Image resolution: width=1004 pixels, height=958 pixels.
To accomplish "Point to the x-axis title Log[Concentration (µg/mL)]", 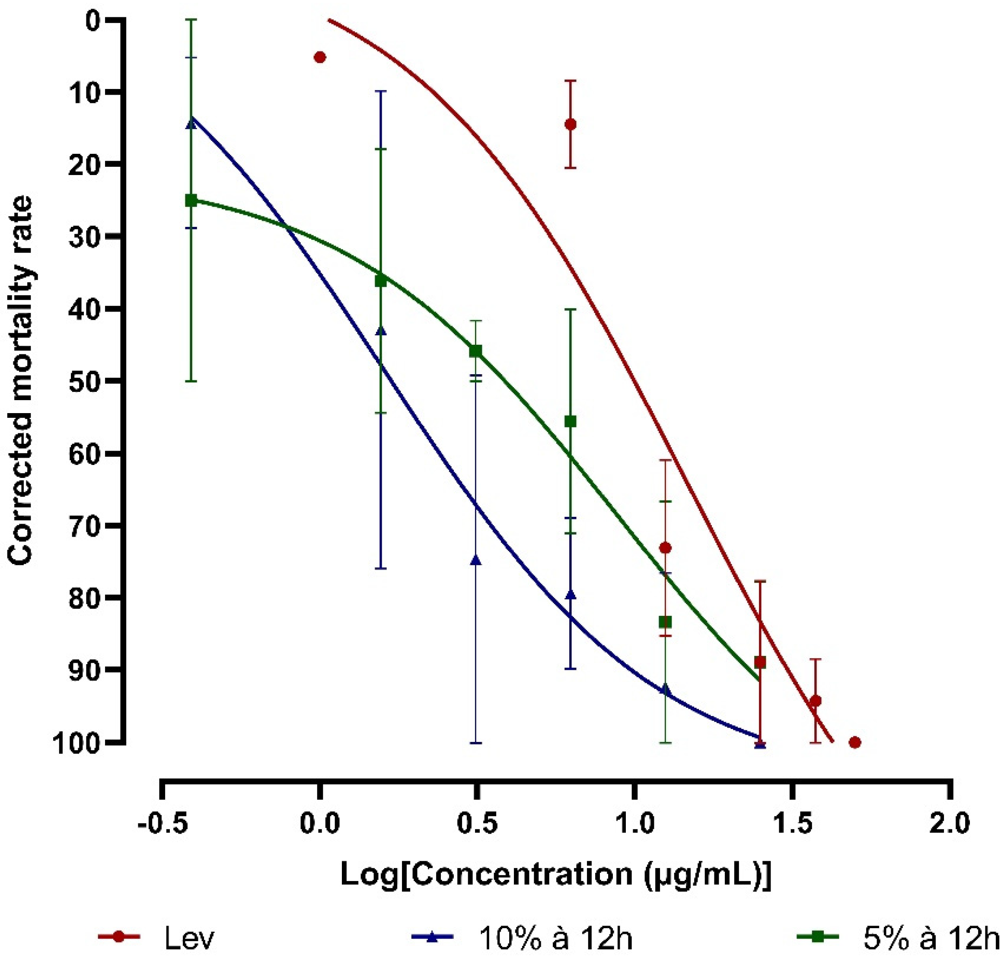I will (x=556, y=874).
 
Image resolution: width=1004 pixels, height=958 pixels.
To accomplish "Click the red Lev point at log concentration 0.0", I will (x=320, y=57).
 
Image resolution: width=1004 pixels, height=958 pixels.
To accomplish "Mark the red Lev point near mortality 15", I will (x=571, y=124).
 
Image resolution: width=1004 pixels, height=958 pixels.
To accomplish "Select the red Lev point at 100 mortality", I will (x=855, y=742).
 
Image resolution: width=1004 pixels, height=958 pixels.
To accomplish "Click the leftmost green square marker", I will (x=191, y=200).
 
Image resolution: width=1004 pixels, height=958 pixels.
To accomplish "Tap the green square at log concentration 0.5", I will (x=475, y=350).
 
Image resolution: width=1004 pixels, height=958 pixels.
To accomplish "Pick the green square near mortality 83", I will (x=665, y=621).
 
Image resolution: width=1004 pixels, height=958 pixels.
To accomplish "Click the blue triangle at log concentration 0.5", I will (x=475, y=560).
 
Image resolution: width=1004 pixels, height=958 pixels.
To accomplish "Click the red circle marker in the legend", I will (x=118, y=936).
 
